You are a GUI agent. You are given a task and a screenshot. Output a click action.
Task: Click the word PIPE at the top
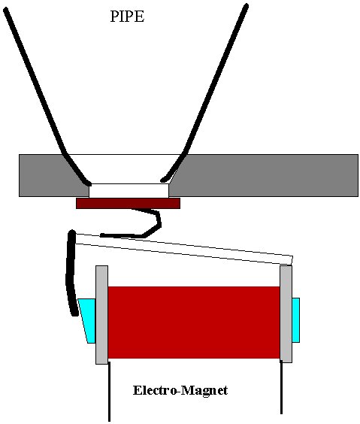coord(127,17)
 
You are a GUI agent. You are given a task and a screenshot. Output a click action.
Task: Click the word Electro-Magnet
coord(180,390)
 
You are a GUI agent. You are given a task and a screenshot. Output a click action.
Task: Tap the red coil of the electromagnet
coord(194,323)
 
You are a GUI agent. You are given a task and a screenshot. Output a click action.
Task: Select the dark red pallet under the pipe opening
coord(128,203)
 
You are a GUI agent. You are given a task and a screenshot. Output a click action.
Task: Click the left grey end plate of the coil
coord(102,315)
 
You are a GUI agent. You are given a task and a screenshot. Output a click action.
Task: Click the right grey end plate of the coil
coord(286,314)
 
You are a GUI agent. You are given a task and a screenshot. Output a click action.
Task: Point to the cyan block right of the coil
coord(296,320)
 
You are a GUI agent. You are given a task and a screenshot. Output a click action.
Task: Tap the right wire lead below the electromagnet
coord(281,388)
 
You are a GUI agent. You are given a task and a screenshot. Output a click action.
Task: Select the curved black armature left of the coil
coord(70,273)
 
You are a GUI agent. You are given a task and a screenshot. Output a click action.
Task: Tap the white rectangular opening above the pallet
coord(129,191)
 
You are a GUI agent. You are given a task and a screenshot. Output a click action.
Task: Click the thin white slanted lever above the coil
coord(184,250)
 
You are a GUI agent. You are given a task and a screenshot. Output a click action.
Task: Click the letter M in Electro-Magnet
coord(188,390)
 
